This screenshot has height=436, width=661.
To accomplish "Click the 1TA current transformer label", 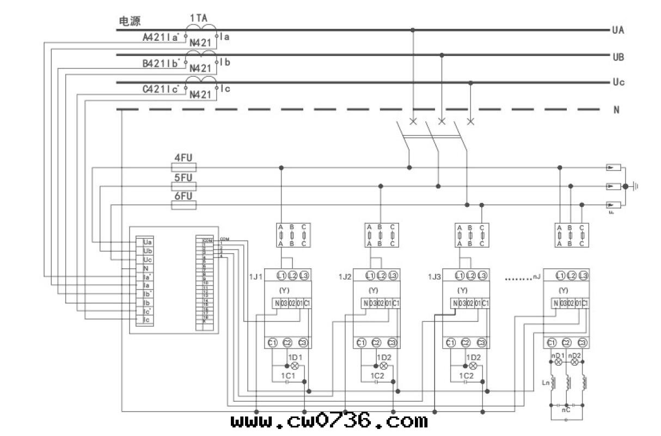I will (198, 18).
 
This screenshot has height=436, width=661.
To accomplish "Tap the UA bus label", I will (618, 30).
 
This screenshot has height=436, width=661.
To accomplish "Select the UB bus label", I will (618, 57).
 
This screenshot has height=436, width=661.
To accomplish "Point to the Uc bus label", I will (618, 83).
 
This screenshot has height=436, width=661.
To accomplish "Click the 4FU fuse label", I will (183, 158).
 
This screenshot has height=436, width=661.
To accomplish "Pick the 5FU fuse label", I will (183, 177).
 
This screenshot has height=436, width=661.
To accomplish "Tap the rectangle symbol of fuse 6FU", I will (183, 205).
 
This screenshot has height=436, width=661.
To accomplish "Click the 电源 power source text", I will (130, 21).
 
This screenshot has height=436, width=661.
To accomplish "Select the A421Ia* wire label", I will (161, 38).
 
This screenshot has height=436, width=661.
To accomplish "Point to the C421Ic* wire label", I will (161, 90).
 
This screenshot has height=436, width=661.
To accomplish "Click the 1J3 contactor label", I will (433, 277).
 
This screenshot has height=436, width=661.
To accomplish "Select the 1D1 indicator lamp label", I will (295, 357).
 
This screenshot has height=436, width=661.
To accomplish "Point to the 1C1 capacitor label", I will (287, 376).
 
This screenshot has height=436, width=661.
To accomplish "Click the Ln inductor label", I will (546, 383).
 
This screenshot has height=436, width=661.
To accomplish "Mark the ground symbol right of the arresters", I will (635, 187).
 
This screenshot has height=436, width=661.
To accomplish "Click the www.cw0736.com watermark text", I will (329, 421).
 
